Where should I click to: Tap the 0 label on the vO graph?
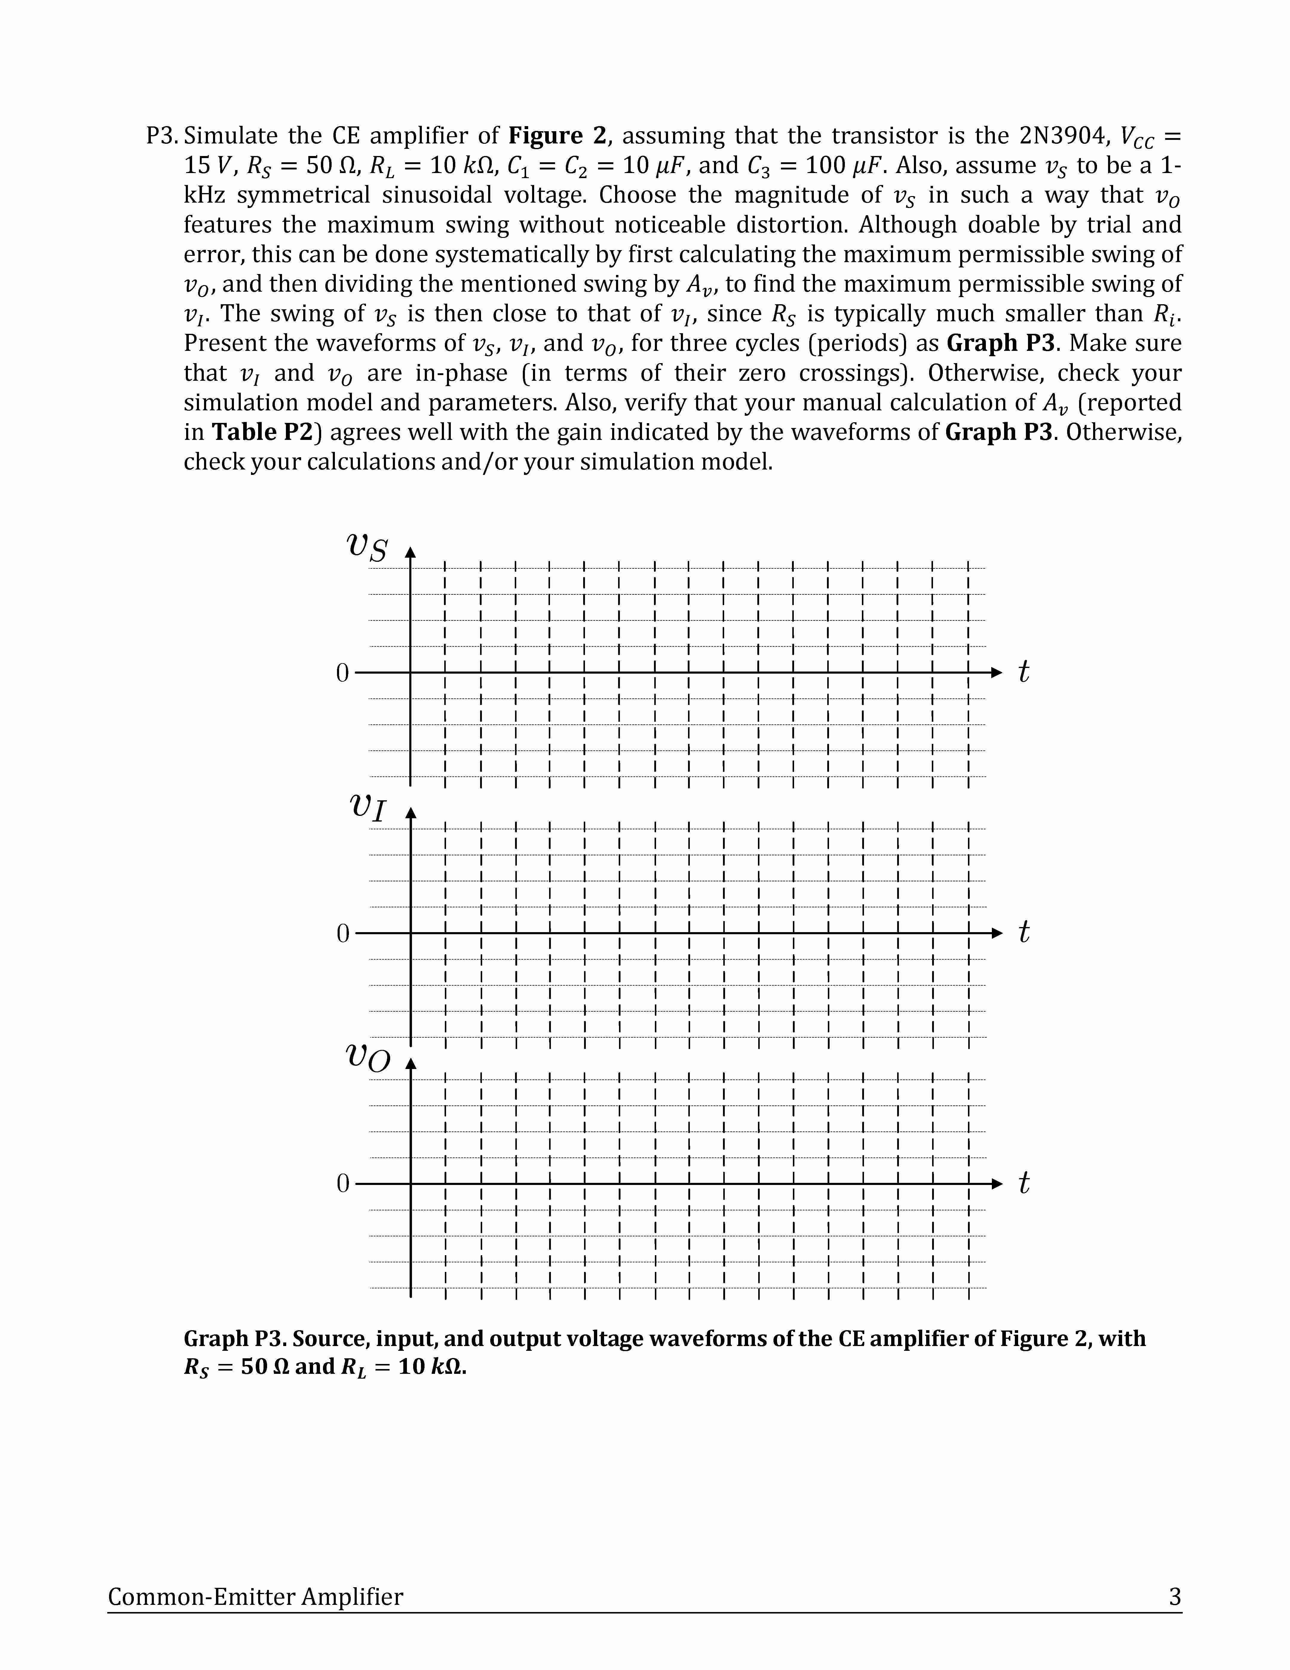pyautogui.click(x=341, y=1184)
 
